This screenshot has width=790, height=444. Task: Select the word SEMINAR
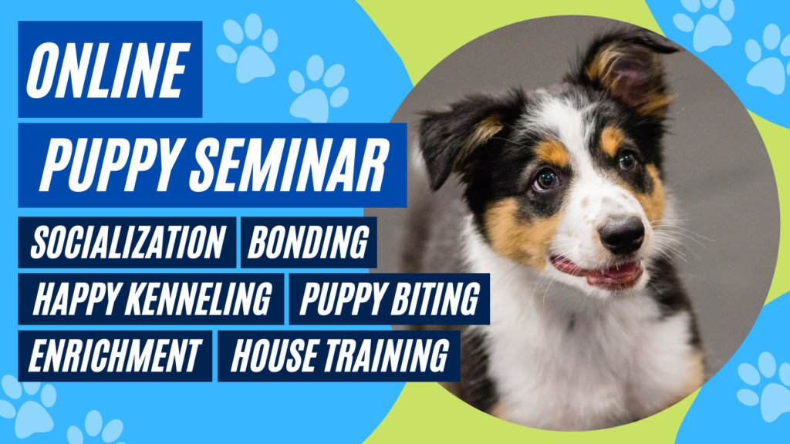click(x=289, y=165)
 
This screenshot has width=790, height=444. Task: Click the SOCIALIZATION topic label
click(x=127, y=243)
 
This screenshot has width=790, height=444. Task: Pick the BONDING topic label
click(x=309, y=243)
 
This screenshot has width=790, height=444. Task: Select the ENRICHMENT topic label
click(x=114, y=355)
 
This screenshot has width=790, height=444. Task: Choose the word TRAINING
click(x=387, y=355)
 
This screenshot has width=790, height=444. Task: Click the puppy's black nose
click(x=622, y=235)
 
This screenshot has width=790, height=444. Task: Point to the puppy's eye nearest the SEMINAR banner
click(x=547, y=179)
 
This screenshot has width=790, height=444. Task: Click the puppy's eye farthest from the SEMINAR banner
click(x=628, y=160)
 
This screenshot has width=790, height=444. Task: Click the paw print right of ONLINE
click(x=248, y=49)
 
